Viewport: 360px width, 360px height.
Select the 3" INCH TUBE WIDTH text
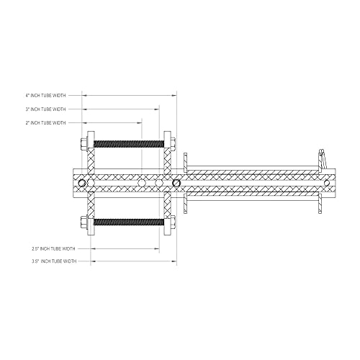coord(45,109)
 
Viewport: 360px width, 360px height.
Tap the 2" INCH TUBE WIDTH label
coord(45,123)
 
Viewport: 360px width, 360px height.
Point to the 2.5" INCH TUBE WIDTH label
coord(53,248)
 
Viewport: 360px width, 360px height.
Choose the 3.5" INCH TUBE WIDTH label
coord(53,261)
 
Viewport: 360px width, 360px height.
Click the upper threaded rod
coord(129,143)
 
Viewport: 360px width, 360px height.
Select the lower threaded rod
coord(129,222)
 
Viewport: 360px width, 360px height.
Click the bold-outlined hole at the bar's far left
coord(82,183)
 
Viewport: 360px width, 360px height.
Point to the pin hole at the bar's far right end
coord(326,183)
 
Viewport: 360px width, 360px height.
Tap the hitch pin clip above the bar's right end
coord(322,158)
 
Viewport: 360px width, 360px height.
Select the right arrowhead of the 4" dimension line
coord(176,95)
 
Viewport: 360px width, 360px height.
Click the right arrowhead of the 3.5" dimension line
coord(174,261)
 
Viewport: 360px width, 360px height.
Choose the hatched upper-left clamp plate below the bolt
coord(91,160)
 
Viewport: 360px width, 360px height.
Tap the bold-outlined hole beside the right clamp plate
coord(176,183)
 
